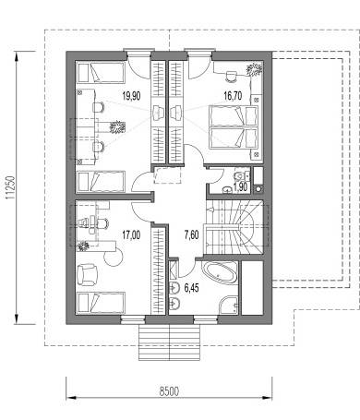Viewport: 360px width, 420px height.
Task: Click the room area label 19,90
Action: (x=131, y=96)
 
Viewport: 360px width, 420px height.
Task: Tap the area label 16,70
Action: (x=233, y=96)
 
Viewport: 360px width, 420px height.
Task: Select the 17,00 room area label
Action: (x=131, y=235)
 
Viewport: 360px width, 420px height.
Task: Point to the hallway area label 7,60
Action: (x=191, y=235)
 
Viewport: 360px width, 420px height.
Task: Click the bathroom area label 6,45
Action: (x=191, y=288)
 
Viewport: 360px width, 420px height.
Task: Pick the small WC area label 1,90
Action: (x=240, y=186)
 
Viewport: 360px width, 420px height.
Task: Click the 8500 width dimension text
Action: (x=169, y=391)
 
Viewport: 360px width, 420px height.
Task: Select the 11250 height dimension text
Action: (x=10, y=188)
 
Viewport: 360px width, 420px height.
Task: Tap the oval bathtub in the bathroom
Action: (x=219, y=272)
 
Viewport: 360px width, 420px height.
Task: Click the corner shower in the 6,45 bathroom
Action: (x=229, y=306)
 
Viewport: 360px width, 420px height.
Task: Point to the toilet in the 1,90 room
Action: (x=241, y=175)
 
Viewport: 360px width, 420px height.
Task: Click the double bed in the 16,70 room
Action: (x=234, y=127)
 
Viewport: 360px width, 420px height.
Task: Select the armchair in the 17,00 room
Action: (x=87, y=275)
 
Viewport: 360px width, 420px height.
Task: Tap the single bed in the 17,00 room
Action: (x=101, y=302)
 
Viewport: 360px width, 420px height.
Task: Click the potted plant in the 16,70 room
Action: (x=255, y=69)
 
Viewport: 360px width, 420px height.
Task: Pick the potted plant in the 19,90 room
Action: (x=117, y=126)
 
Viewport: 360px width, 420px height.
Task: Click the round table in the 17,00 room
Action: (x=114, y=257)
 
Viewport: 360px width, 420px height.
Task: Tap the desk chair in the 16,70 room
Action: (x=231, y=76)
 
